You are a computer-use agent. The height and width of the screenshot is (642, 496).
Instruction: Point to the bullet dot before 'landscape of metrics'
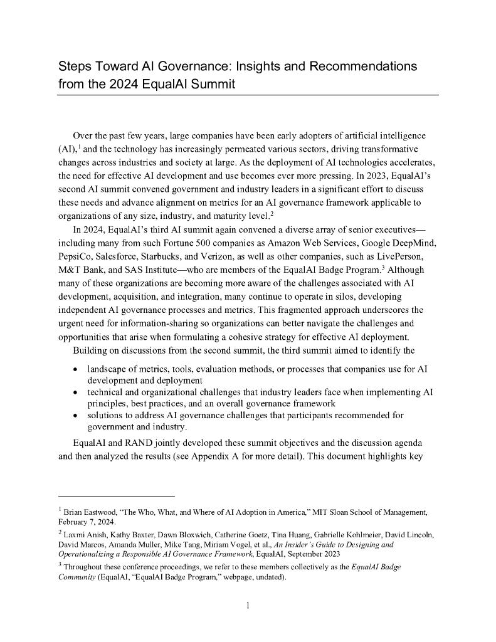click(x=76, y=367)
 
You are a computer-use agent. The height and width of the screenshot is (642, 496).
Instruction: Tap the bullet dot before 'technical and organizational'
click(x=76, y=391)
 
